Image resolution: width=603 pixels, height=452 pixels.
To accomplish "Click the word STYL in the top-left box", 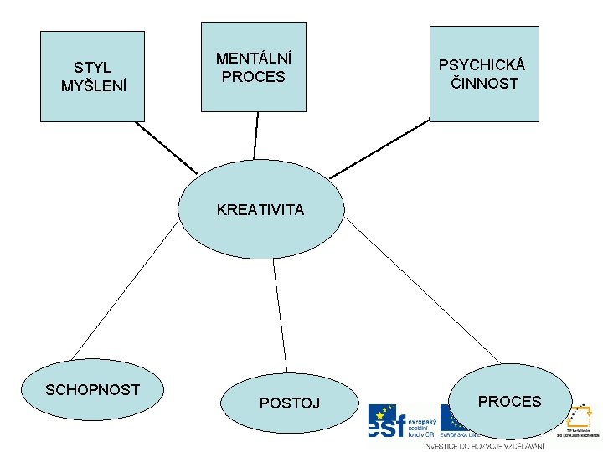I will tap(92, 67).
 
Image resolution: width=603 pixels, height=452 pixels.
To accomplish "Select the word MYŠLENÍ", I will tap(94, 85).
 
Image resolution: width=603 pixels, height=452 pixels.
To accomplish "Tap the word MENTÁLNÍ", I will tap(254, 59).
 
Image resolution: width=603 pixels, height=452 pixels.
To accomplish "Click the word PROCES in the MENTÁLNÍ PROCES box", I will tap(254, 77).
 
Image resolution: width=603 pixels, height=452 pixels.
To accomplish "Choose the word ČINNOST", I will tap(485, 84).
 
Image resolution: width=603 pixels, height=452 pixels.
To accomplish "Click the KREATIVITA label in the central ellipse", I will tap(260, 210).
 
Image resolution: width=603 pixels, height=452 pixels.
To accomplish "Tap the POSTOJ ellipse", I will tap(289, 403).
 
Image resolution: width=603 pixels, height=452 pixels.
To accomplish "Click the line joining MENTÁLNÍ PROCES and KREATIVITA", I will tap(256, 136).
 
